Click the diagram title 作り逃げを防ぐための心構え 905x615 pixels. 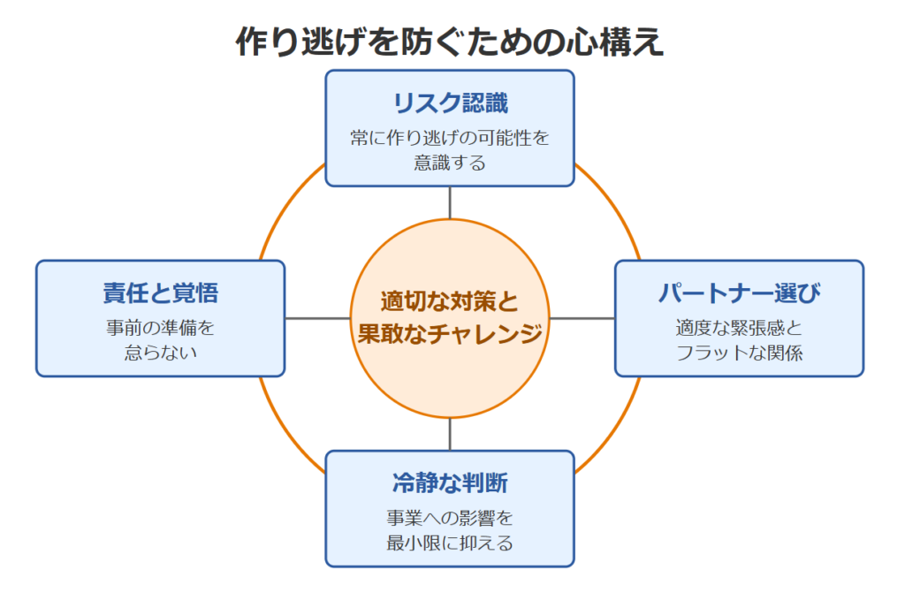(450, 42)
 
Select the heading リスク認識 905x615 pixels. (450, 103)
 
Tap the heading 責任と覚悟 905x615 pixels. (161, 293)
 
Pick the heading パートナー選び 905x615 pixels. (740, 293)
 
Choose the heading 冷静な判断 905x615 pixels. (450, 482)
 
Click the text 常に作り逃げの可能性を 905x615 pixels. (450, 138)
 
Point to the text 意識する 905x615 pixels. (450, 163)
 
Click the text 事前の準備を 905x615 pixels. (161, 328)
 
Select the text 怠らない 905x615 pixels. (161, 353)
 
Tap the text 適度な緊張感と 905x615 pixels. (740, 328)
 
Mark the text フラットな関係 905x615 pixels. (740, 353)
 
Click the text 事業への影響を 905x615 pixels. (450, 518)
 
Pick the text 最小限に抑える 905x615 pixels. (450, 543)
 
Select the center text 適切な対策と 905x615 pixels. (450, 301)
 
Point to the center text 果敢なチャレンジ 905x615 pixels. (450, 333)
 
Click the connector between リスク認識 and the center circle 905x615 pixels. (450, 202)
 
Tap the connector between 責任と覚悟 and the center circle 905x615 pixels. (317, 318)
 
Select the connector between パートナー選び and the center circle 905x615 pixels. (582, 318)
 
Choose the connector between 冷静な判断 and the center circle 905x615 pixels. (450, 434)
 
